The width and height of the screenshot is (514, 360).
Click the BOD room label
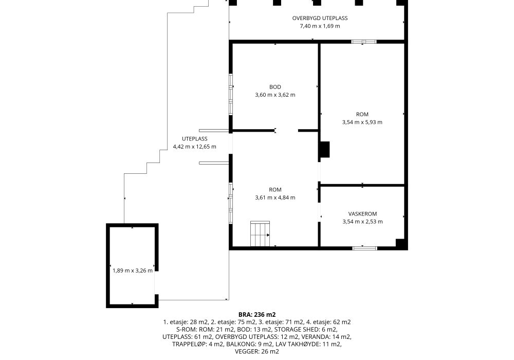[275, 87]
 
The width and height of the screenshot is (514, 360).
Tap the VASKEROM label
[362, 214]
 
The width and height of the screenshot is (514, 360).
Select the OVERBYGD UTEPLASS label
[320, 18]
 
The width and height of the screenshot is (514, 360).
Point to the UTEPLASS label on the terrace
[194, 139]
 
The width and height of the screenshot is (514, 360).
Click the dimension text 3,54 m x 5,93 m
[362, 122]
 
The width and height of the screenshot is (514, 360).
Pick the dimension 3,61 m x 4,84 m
[275, 197]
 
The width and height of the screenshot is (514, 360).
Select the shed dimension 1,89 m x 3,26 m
[133, 271]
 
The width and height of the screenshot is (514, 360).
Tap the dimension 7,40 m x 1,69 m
[320, 26]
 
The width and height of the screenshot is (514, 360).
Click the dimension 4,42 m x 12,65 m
[194, 147]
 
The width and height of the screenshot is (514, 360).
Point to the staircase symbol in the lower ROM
[260, 233]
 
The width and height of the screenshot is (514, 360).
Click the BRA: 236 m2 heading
[257, 315]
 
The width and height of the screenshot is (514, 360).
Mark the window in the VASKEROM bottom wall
[364, 248]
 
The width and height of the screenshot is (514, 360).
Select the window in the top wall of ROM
[364, 42]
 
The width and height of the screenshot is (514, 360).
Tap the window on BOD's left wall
[231, 95]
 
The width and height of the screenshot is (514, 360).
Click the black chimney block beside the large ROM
[324, 150]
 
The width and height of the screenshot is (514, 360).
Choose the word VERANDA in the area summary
[314, 337]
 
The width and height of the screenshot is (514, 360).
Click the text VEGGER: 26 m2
[257, 352]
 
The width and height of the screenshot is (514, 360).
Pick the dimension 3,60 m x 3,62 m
[275, 95]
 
